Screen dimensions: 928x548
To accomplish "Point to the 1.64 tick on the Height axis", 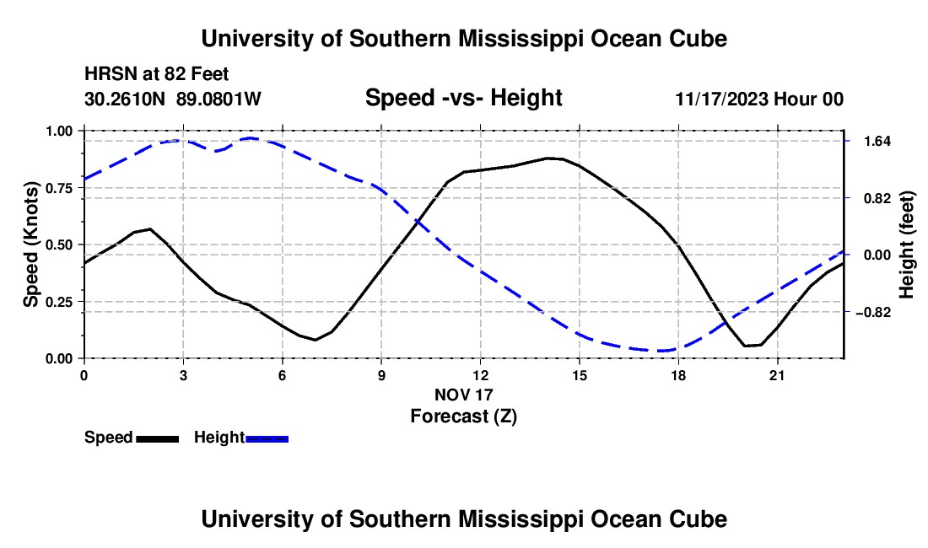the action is pyautogui.click(x=877, y=142).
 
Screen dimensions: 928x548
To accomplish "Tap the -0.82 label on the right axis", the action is pyautogui.click(x=873, y=312).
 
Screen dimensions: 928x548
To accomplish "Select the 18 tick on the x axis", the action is pyautogui.click(x=678, y=375).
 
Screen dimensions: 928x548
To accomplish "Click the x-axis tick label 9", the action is pyautogui.click(x=381, y=375).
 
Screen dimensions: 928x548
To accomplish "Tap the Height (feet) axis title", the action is pyautogui.click(x=907, y=244).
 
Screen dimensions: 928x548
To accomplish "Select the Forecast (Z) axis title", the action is pyautogui.click(x=463, y=416).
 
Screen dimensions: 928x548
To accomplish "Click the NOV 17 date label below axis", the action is pyautogui.click(x=463, y=395).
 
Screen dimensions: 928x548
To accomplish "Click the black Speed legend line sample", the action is pyautogui.click(x=158, y=438).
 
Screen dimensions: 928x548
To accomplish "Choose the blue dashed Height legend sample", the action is pyautogui.click(x=267, y=438).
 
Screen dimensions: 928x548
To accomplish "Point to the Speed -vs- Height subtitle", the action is pyautogui.click(x=463, y=98).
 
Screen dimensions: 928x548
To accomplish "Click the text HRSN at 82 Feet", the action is pyautogui.click(x=156, y=74).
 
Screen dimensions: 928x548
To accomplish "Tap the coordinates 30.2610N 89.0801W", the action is pyautogui.click(x=172, y=99).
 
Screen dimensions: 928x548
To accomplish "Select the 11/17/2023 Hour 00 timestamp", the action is pyautogui.click(x=759, y=99).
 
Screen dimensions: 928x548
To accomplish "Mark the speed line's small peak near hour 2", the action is pyautogui.click(x=150, y=228).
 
